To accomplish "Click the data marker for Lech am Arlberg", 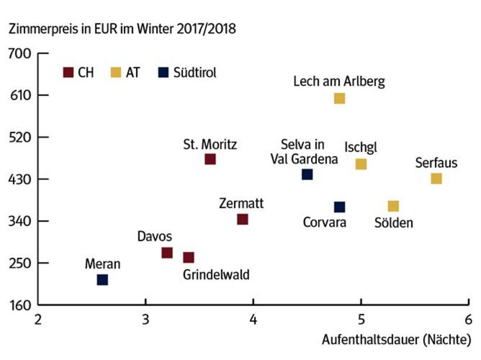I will [339, 98].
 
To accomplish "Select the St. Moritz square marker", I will [210, 159].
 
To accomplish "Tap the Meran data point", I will [103, 280].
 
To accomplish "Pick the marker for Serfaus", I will [436, 178].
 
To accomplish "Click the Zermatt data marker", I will [242, 219].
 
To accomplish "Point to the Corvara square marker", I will [339, 207].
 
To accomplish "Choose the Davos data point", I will [167, 253].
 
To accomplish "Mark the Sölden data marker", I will [393, 206].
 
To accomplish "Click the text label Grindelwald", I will [216, 274].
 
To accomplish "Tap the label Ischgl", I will [361, 147].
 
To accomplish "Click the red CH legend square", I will [68, 73].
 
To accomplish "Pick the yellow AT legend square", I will [116, 73].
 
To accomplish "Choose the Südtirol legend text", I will [195, 73].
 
